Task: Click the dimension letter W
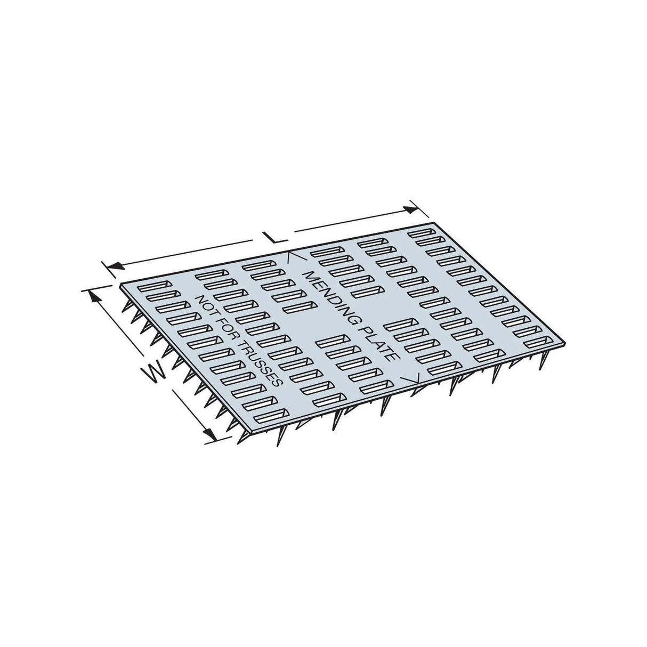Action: tap(155, 371)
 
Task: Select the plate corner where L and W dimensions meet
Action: tap(122, 284)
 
